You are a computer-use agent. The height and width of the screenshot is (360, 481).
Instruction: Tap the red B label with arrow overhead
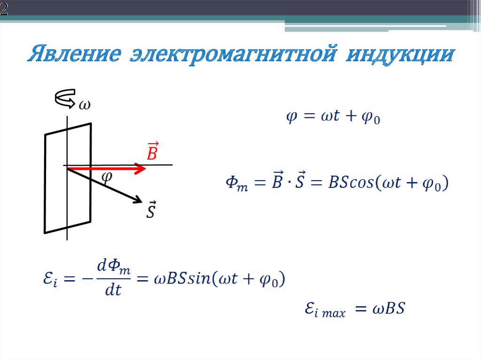point(152,152)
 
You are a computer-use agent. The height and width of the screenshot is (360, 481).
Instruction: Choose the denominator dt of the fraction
point(112,291)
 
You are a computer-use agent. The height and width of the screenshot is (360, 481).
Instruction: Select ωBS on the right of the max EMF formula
point(388,309)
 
